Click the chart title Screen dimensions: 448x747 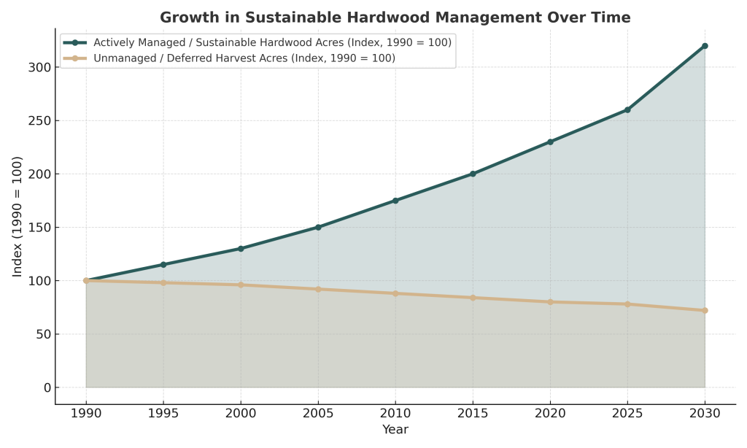click(x=395, y=17)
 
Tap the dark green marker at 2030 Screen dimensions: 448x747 click(x=705, y=46)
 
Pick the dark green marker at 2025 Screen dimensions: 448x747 click(x=627, y=109)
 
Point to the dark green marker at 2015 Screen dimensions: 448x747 click(x=473, y=174)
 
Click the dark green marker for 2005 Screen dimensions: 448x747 click(x=318, y=227)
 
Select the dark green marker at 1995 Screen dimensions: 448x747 click(x=163, y=264)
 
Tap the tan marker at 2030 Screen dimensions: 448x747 click(x=705, y=310)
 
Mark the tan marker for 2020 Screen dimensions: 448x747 click(x=550, y=301)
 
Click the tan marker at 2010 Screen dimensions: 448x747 click(x=395, y=293)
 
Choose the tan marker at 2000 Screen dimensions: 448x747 click(x=241, y=285)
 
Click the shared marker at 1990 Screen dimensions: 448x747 click(x=86, y=280)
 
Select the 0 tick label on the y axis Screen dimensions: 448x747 click(x=45, y=387)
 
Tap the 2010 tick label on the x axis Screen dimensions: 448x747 click(x=395, y=413)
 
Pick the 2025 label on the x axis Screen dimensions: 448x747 click(x=627, y=413)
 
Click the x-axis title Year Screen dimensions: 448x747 click(x=395, y=430)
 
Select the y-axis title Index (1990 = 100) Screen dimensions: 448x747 click(x=18, y=216)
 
